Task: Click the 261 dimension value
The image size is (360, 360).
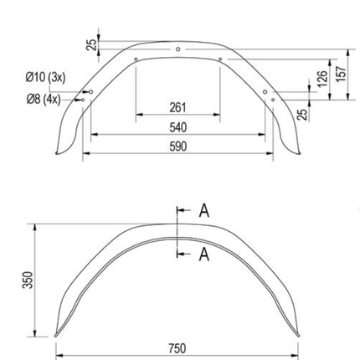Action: coord(177,108)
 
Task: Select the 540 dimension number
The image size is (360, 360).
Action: coord(177,127)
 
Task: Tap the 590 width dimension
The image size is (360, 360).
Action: coord(177,147)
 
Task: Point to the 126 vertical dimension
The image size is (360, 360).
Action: coord(321,80)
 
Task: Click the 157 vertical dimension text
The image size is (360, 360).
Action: coord(339,73)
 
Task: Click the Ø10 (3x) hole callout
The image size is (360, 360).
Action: coord(45,76)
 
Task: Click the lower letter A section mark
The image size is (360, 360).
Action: coord(202,255)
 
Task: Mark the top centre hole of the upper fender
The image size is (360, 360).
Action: coord(177,49)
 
